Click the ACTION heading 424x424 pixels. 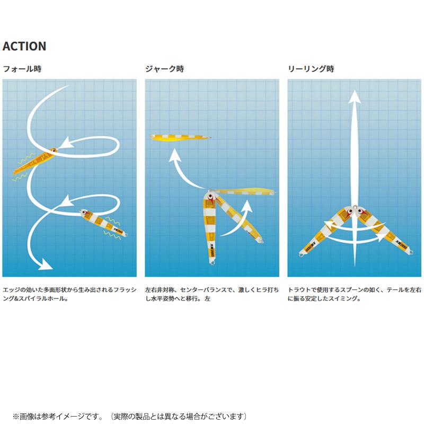click(24, 46)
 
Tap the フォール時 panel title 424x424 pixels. click(22, 69)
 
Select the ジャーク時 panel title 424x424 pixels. click(164, 69)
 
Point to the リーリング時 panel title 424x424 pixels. click(311, 69)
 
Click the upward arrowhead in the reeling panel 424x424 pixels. click(355, 96)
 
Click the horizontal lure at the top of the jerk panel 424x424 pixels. click(181, 137)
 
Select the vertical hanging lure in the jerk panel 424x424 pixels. click(209, 227)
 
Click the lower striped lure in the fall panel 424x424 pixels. click(103, 223)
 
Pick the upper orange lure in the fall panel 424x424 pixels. click(35, 162)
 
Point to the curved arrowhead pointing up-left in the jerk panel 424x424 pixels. click(175, 155)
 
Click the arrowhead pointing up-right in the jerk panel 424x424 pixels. click(246, 206)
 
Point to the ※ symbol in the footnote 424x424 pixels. click(16, 417)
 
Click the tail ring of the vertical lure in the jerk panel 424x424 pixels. click(211, 262)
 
